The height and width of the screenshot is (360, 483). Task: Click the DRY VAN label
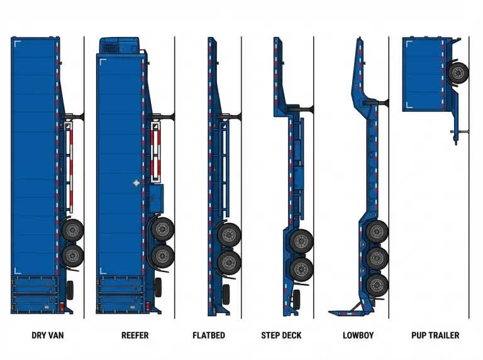pyautogui.click(x=47, y=335)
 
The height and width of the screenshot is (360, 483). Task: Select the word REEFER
pyautogui.click(x=135, y=335)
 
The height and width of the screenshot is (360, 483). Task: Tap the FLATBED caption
pyautogui.click(x=208, y=335)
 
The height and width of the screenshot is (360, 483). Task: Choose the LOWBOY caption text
pyautogui.click(x=358, y=335)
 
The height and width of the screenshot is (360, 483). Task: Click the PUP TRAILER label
pyautogui.click(x=435, y=335)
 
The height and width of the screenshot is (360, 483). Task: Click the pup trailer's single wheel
pyautogui.click(x=458, y=72)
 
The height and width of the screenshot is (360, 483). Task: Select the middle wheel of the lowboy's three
pyautogui.click(x=376, y=257)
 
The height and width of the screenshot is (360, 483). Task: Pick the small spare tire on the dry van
pyautogui.click(x=70, y=290)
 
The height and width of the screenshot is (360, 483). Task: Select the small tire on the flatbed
pyautogui.click(x=226, y=293)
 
